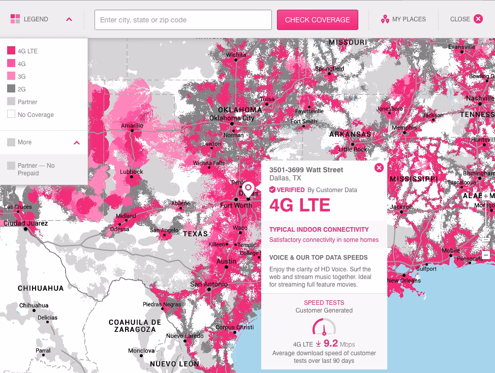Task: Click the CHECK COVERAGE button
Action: pyautogui.click(x=317, y=20)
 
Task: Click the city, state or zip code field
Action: pyautogui.click(x=183, y=20)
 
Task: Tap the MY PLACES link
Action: pyautogui.click(x=404, y=19)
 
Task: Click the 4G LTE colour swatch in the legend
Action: pyautogui.click(x=11, y=51)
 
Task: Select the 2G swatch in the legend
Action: pyautogui.click(x=11, y=89)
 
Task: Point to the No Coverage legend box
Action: pyautogui.click(x=11, y=114)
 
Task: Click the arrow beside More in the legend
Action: pyautogui.click(x=77, y=142)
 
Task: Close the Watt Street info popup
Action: pyautogui.click(x=379, y=168)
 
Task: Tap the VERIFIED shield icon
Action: pyautogui.click(x=272, y=190)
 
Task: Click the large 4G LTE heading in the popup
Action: pyautogui.click(x=299, y=205)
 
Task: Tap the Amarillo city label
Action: pyautogui.click(x=132, y=126)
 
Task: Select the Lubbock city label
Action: pyautogui.click(x=132, y=172)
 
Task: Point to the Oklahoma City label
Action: pyautogui.click(x=231, y=118)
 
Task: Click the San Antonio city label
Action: pyautogui.click(x=209, y=284)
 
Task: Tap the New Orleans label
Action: pyautogui.click(x=404, y=281)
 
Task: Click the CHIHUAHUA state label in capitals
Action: pyautogui.click(x=41, y=288)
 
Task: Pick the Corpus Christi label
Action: pyautogui.click(x=234, y=327)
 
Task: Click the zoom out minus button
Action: pyautogui.click(x=486, y=255)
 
